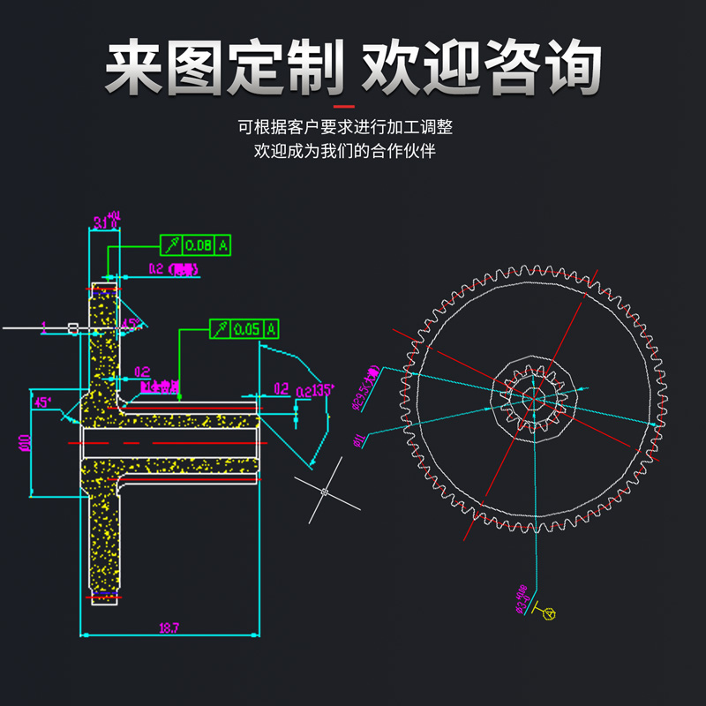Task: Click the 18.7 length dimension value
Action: point(169,628)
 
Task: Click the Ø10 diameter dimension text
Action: point(25,442)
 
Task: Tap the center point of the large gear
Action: point(535,400)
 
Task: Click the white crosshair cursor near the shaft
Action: point(325,492)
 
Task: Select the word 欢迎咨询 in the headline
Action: point(482,69)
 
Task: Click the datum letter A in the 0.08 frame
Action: point(223,245)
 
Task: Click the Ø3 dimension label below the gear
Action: point(522,598)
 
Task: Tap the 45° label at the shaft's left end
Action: point(41,402)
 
